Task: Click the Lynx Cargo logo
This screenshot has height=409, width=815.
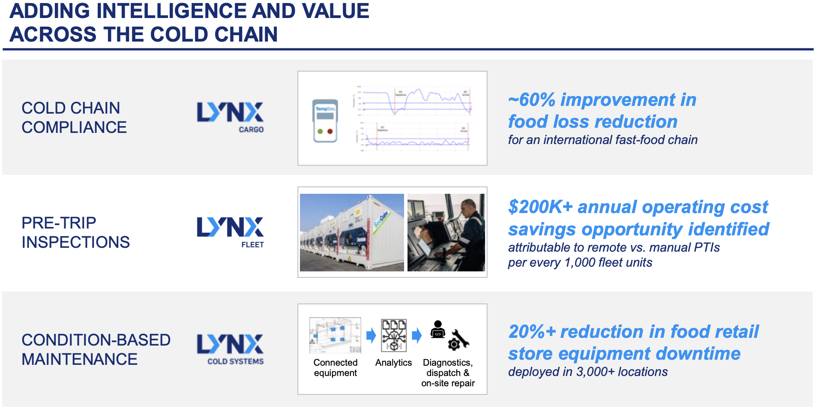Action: point(230,117)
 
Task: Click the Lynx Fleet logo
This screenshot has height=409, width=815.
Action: point(230,232)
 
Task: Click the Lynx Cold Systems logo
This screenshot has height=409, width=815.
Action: point(230,349)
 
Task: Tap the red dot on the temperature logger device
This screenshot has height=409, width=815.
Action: point(330,132)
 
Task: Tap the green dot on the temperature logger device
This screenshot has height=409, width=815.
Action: point(320,132)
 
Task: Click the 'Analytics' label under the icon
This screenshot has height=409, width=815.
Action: point(393,363)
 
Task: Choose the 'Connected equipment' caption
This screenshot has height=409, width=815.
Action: point(335,368)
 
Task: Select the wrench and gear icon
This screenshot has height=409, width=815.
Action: point(458,340)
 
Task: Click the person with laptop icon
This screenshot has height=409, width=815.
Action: point(437,329)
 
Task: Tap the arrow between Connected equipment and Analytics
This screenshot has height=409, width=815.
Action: point(371,335)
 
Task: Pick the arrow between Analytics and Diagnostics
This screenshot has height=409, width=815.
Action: point(416,335)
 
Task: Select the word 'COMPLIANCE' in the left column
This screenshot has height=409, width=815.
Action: point(74,127)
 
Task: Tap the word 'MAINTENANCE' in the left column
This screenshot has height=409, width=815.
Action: point(80,359)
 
